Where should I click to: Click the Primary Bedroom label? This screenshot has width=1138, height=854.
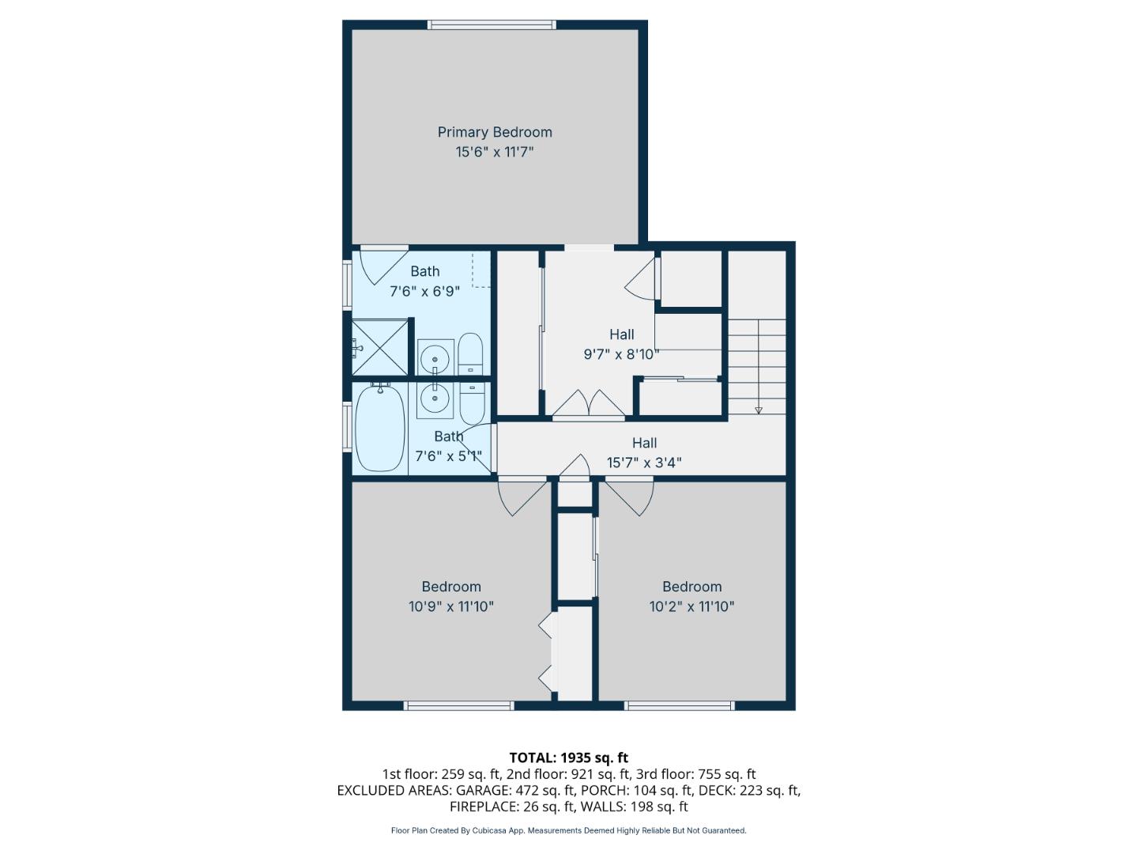tap(495, 132)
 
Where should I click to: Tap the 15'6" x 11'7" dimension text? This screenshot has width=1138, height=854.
tap(495, 152)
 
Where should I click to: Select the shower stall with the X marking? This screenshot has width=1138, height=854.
tap(380, 346)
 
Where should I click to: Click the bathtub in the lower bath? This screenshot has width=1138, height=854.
tap(380, 428)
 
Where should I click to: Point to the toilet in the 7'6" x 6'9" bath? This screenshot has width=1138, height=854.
tap(470, 355)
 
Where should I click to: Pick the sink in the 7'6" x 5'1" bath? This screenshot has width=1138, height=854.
tap(435, 399)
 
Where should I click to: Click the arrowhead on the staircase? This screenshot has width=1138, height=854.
tap(759, 409)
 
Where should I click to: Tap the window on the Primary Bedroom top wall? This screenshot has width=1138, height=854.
tap(492, 25)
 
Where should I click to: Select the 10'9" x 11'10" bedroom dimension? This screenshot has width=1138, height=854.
tap(451, 606)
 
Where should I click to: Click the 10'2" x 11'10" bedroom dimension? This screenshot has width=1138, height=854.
tap(691, 606)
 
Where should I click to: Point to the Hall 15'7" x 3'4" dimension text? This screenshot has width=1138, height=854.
tap(644, 463)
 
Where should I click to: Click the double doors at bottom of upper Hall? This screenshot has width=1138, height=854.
tap(588, 403)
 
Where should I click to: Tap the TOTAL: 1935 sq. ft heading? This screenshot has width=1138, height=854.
tap(568, 758)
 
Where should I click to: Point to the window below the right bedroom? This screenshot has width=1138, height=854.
tap(680, 705)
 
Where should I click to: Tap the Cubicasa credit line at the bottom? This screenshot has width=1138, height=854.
tap(568, 830)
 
